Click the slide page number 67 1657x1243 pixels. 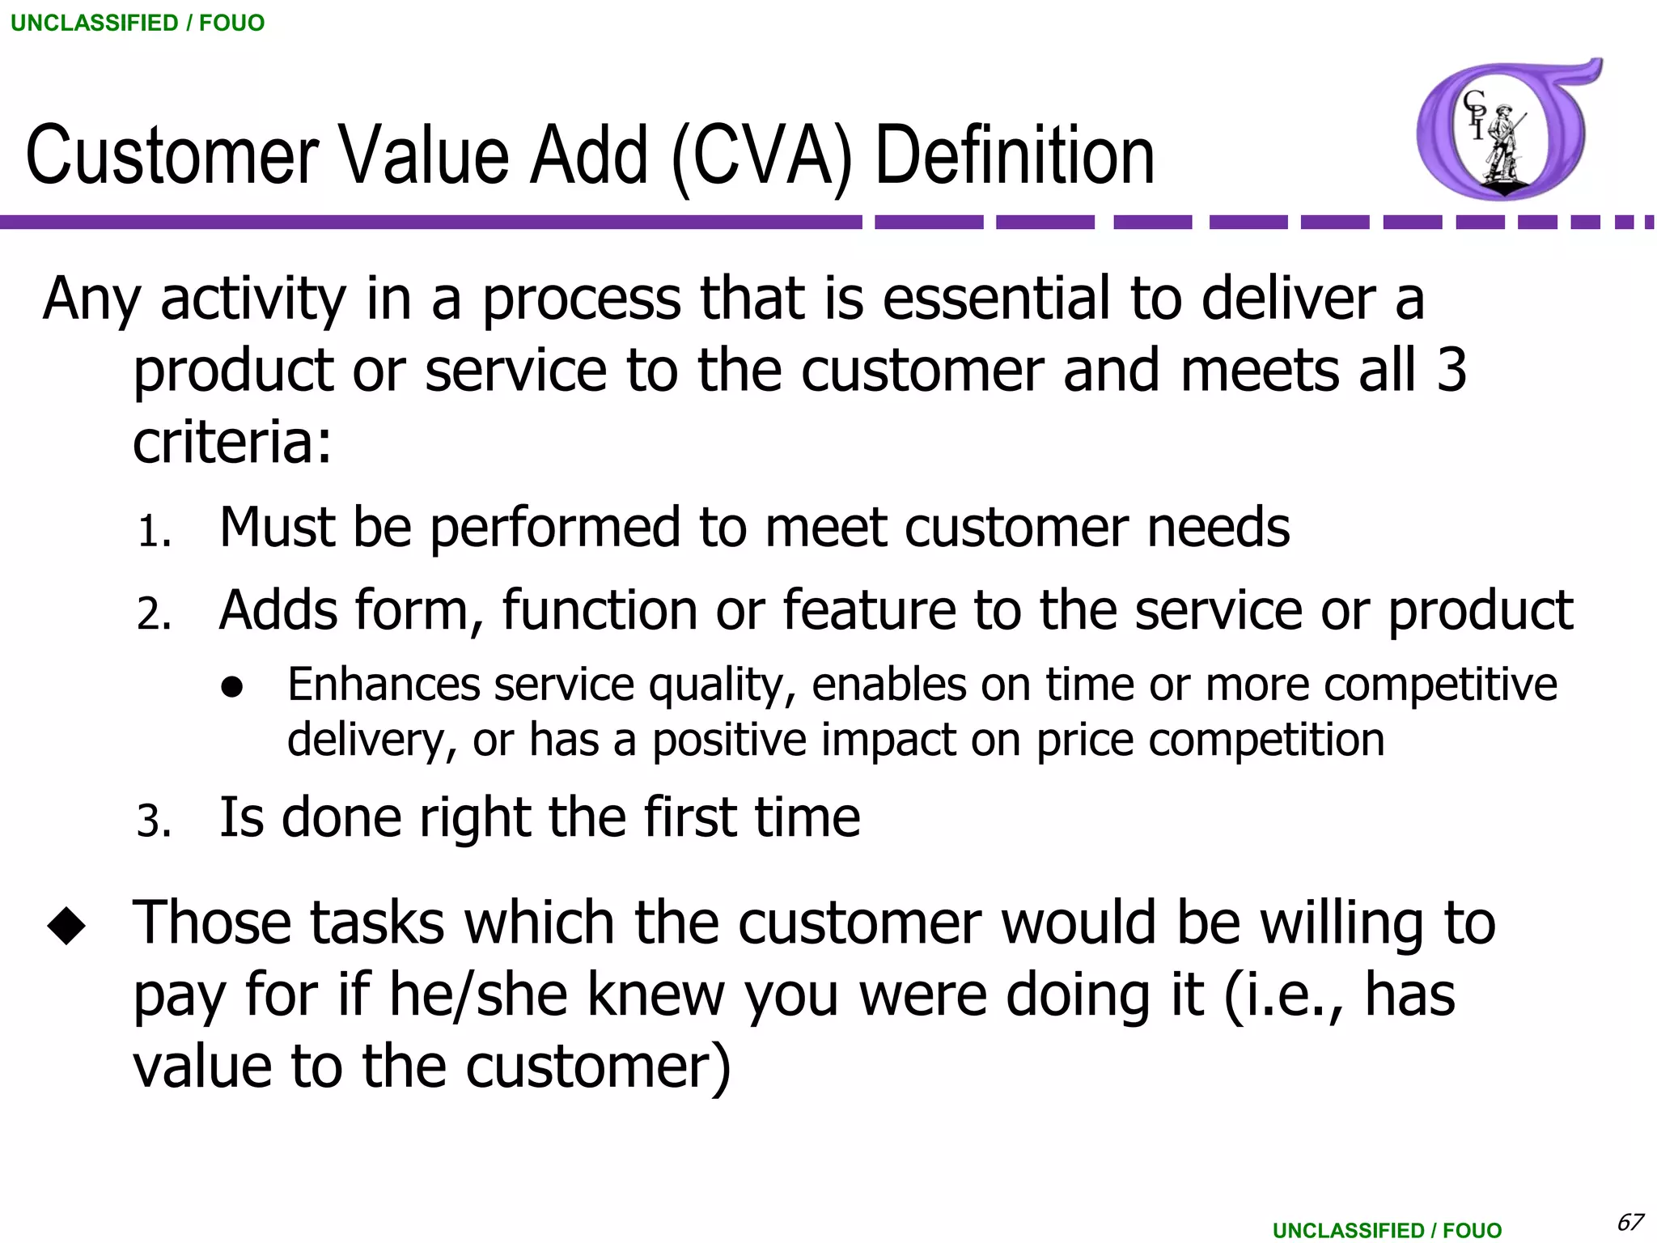[x=1629, y=1222]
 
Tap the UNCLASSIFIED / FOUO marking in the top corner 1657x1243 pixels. [x=138, y=23]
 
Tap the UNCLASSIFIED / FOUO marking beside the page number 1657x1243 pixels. [x=1387, y=1230]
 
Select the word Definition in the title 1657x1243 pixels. [x=1015, y=155]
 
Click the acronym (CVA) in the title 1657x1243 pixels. [x=761, y=155]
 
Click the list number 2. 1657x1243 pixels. [x=154, y=614]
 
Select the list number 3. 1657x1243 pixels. [x=154, y=822]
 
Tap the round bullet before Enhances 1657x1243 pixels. [x=232, y=687]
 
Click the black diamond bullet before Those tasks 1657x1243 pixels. [x=66, y=925]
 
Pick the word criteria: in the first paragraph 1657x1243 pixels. [x=232, y=443]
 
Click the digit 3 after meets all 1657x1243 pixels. [x=1451, y=371]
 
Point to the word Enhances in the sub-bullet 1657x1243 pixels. [x=384, y=685]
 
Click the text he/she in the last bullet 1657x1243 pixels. [x=478, y=995]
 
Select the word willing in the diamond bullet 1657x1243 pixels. [x=1341, y=923]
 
